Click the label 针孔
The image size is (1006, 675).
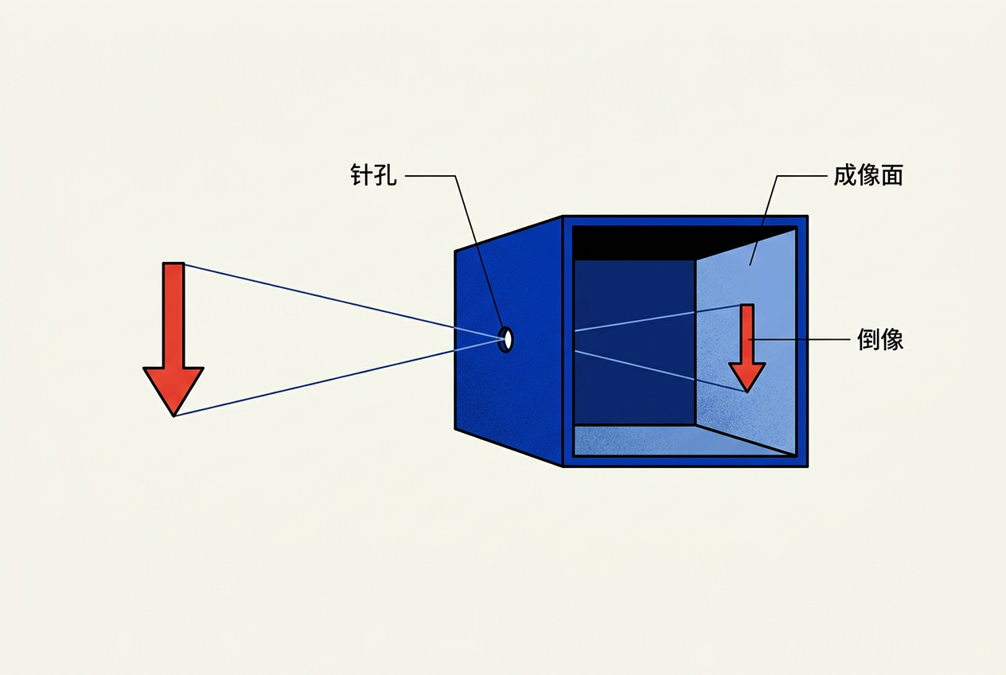point(373,175)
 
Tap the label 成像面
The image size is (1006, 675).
point(868,175)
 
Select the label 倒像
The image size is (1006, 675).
point(880,339)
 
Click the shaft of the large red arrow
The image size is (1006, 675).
point(174,315)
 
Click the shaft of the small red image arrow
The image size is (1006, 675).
point(747,334)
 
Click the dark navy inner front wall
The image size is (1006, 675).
point(634,342)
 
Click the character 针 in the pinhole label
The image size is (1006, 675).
point(361,175)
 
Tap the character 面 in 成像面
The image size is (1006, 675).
point(892,175)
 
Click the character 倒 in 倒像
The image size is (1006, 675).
point(868,339)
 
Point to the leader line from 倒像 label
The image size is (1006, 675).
point(799,340)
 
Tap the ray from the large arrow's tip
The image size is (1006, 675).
point(340,377)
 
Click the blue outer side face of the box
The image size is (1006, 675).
point(509,341)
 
